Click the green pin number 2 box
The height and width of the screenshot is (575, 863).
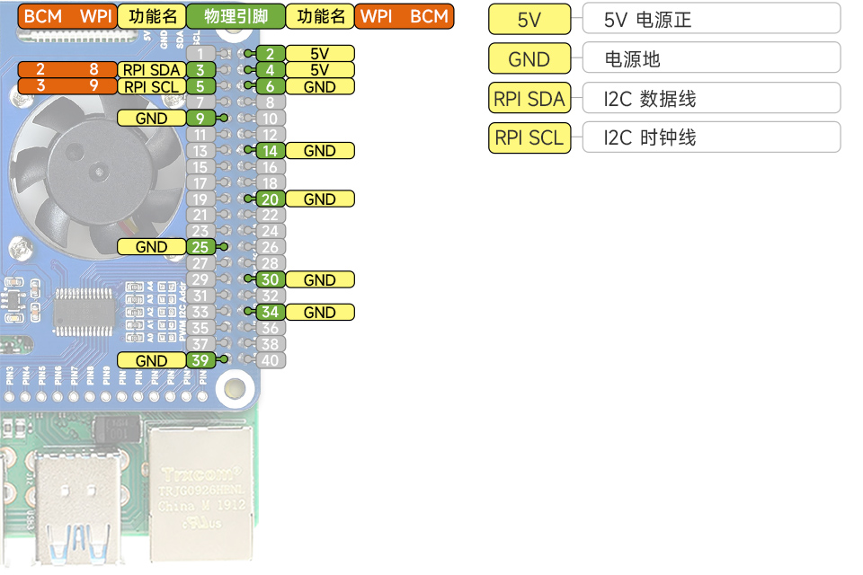(271, 54)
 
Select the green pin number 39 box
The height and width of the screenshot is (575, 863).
(200, 360)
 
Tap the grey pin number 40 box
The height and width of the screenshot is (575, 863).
(271, 360)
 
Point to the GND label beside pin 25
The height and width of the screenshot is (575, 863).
(151, 247)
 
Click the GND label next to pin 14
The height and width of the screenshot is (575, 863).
(319, 151)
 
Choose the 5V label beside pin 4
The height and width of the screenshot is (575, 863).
(319, 70)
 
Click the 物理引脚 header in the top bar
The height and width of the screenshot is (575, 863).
(236, 17)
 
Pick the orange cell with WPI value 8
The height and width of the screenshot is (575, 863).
(93, 70)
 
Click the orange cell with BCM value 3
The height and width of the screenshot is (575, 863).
(40, 87)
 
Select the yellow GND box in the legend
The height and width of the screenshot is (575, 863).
(529, 59)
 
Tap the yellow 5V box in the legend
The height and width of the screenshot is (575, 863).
(529, 20)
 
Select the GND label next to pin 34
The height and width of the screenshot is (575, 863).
(319, 313)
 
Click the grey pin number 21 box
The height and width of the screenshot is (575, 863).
(200, 216)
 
